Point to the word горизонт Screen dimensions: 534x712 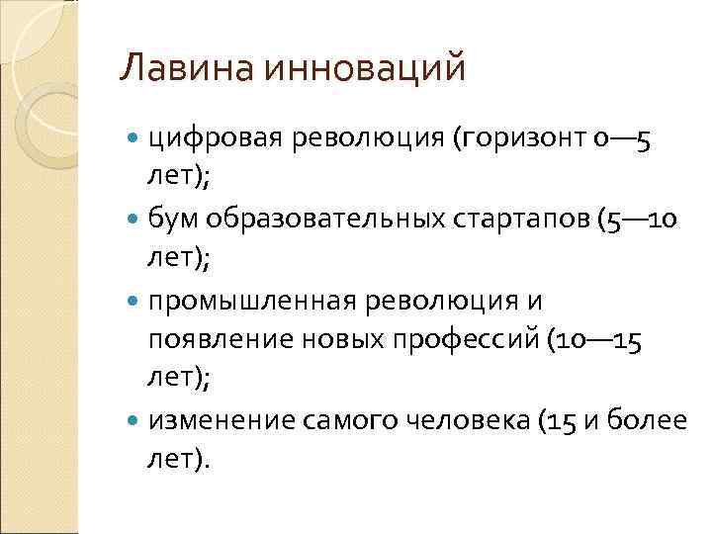[x=524, y=142]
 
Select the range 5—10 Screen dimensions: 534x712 [x=643, y=217]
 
